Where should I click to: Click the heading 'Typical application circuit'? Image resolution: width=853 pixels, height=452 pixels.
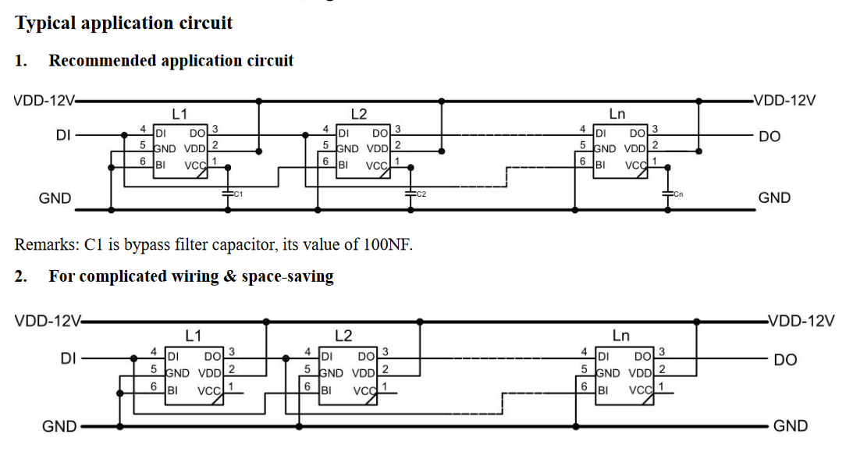pyautogui.click(x=123, y=23)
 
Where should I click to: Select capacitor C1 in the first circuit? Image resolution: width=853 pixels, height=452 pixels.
pyautogui.click(x=227, y=192)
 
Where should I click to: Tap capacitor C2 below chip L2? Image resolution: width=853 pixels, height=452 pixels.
pyautogui.click(x=411, y=192)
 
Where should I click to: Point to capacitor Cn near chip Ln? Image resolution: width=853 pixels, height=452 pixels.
pyautogui.click(x=667, y=192)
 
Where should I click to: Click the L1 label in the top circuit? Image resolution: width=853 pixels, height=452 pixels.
pyautogui.click(x=179, y=114)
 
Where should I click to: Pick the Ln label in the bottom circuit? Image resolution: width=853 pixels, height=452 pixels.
pyautogui.click(x=620, y=336)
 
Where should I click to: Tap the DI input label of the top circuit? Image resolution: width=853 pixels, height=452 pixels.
pyautogui.click(x=63, y=135)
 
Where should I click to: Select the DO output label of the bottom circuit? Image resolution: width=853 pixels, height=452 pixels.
pyautogui.click(x=785, y=360)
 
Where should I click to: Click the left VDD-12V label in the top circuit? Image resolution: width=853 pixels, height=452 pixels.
pyautogui.click(x=44, y=101)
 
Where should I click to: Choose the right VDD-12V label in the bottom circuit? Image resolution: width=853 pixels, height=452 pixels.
pyautogui.click(x=802, y=321)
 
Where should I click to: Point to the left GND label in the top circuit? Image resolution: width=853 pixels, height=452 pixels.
pyautogui.click(x=55, y=198)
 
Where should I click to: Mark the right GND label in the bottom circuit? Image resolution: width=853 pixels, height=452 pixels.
pyautogui.click(x=790, y=426)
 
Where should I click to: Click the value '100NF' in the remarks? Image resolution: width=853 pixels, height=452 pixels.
pyautogui.click(x=386, y=244)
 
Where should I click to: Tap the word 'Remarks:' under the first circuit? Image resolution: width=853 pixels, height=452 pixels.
pyautogui.click(x=45, y=244)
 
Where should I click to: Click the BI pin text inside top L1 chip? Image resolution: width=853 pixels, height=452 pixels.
pyautogui.click(x=160, y=164)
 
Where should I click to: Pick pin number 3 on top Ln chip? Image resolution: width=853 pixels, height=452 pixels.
pyautogui.click(x=655, y=129)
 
